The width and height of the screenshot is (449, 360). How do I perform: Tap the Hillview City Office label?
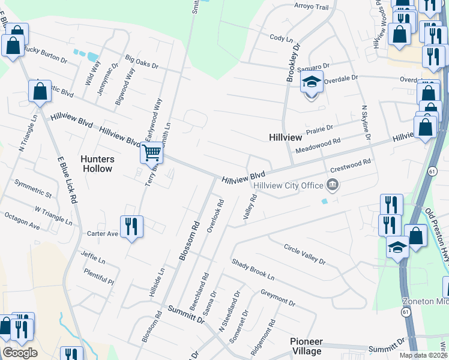tap(289, 185)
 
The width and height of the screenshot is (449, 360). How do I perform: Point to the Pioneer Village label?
tap(306, 346)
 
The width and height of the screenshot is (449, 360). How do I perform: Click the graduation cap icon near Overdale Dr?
tap(312, 82)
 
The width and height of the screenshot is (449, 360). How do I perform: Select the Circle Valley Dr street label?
tap(304, 254)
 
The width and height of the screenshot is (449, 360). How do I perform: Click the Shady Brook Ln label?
tap(253, 270)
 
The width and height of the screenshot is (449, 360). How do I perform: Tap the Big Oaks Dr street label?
tap(142, 61)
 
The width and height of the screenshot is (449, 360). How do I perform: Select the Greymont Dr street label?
tap(278, 298)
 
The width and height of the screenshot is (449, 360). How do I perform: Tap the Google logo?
tap(20, 353)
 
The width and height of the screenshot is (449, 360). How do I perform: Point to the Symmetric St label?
tap(33, 190)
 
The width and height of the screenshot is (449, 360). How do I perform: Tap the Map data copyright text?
tap(423, 355)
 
